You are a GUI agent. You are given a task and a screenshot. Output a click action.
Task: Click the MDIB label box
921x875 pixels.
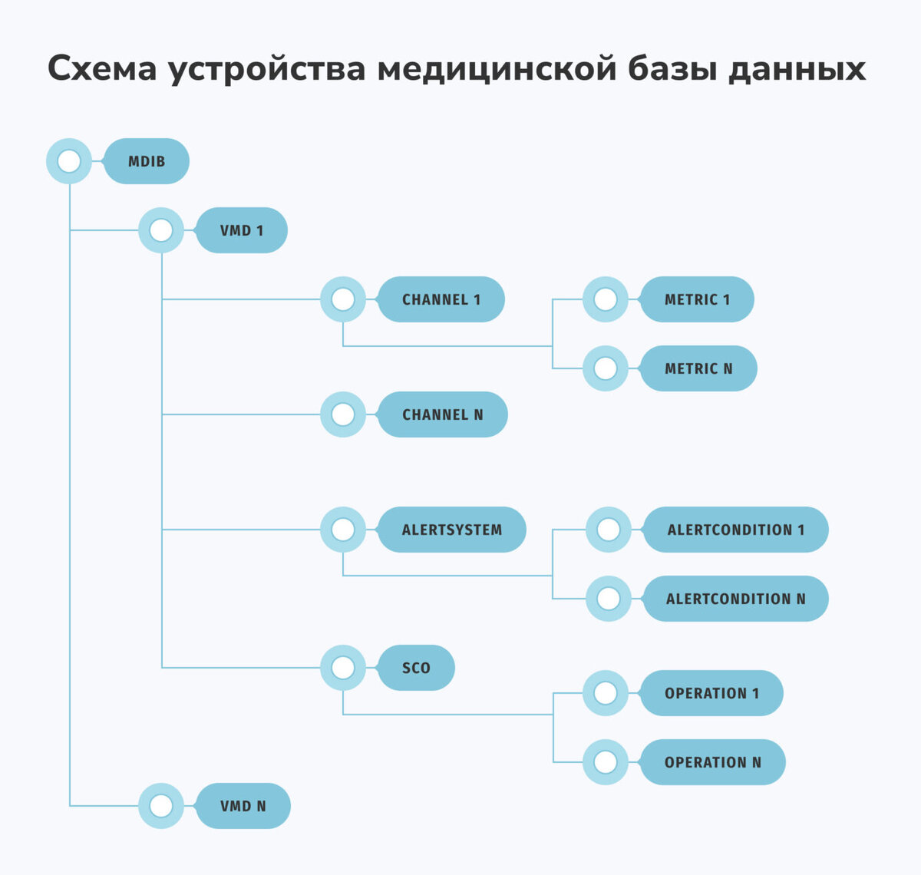coord(147,161)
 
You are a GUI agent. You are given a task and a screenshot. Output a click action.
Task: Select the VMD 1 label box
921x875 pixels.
coord(242,230)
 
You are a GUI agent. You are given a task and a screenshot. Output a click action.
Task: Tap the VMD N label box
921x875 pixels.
coord(243,806)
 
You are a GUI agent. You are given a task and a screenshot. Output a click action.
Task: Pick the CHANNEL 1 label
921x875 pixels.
coord(441,299)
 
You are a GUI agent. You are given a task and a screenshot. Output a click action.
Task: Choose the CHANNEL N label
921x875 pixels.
coord(443,414)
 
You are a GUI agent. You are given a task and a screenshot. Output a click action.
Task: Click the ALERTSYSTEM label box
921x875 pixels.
coord(452,530)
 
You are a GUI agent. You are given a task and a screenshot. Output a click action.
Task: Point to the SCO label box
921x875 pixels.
coord(416,668)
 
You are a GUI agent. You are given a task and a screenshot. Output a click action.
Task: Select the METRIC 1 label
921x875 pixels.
coord(697,299)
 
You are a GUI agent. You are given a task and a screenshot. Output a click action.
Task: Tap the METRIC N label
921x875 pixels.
coord(698,368)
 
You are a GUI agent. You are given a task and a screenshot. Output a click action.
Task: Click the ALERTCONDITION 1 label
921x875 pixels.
coord(736,530)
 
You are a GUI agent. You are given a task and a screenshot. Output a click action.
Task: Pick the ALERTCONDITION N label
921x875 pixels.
coord(736,599)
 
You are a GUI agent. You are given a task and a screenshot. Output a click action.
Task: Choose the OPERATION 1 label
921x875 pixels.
coord(711,693)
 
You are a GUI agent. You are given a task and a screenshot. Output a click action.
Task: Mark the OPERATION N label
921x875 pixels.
coord(713,762)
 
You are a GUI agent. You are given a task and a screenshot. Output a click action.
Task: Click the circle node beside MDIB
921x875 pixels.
coord(69,161)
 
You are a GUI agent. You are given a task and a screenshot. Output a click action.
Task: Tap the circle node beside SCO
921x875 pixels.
coord(343,668)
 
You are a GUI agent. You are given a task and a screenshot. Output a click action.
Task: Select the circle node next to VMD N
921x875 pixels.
coord(161,806)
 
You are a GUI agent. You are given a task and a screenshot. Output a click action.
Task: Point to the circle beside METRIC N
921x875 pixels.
coord(606,368)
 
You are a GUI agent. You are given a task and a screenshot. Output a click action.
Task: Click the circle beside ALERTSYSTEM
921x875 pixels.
coord(343,530)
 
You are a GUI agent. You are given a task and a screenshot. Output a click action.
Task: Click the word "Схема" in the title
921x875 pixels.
coord(102,69)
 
